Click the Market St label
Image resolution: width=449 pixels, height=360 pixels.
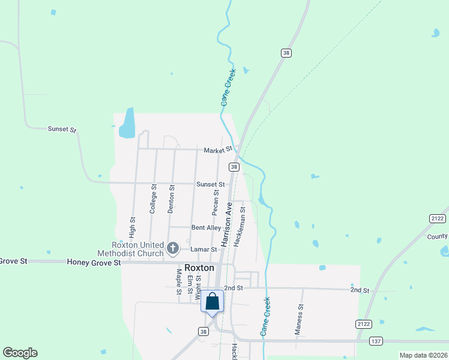tap(217, 150)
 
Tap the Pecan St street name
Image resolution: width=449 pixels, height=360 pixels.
tap(215, 202)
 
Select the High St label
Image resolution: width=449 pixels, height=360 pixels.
tap(132, 227)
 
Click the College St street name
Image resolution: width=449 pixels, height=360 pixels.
tap(153, 199)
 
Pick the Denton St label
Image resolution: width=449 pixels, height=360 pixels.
tap(172, 200)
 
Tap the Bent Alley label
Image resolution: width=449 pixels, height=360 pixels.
tap(206, 228)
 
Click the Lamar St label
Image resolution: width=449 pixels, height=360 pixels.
tap(203, 249)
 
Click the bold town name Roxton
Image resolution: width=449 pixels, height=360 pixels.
tap(199, 268)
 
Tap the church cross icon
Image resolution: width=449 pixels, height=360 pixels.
tap(173, 248)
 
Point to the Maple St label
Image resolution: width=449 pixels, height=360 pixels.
tap(179, 282)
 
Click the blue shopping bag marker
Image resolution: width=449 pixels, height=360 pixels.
tap(212, 301)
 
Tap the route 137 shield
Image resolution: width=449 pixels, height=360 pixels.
tap(376, 341)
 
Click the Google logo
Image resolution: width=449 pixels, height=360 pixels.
tap(20, 353)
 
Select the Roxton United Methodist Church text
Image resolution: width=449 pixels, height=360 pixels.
tap(130, 249)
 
